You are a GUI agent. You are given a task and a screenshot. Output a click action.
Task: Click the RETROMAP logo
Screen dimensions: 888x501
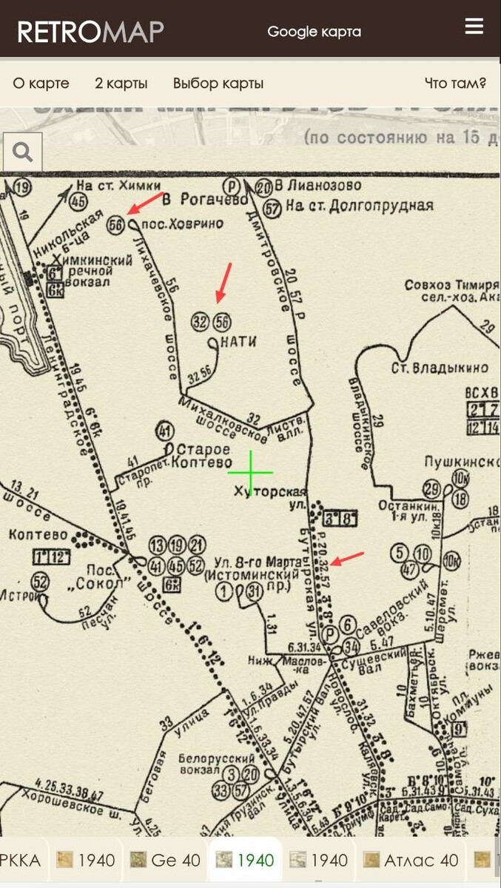pyautogui.click(x=90, y=32)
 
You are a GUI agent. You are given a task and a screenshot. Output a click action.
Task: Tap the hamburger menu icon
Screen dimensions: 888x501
pyautogui.click(x=474, y=27)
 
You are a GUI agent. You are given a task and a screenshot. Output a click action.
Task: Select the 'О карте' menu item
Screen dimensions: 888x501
pyautogui.click(x=41, y=83)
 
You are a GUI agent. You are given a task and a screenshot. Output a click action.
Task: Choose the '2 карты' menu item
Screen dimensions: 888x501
pyautogui.click(x=121, y=83)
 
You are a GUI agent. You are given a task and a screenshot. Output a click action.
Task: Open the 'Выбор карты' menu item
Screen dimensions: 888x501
pyautogui.click(x=218, y=83)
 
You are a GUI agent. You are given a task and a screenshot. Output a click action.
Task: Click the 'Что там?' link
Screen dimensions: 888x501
pyautogui.click(x=455, y=83)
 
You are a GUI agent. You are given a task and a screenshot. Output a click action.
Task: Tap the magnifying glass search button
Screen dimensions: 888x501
pyautogui.click(x=23, y=152)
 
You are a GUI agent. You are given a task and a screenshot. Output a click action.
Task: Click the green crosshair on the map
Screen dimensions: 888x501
pyautogui.click(x=250, y=471)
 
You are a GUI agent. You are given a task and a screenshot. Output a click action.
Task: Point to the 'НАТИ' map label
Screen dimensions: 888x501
pyautogui.click(x=238, y=342)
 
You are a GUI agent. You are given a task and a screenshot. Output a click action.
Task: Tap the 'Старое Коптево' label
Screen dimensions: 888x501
pyautogui.click(x=201, y=457)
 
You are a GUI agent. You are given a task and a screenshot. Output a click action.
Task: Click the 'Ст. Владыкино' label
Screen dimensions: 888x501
pyautogui.click(x=440, y=368)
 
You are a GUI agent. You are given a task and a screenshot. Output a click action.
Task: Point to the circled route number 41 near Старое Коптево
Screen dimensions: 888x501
pyautogui.click(x=164, y=431)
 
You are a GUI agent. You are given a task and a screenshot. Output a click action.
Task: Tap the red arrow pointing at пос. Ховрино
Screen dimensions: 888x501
pyautogui.click(x=147, y=202)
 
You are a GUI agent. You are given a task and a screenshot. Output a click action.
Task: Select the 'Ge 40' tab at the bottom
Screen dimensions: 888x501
pyautogui.click(x=166, y=860)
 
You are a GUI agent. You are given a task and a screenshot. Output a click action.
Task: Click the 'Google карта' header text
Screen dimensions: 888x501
pyautogui.click(x=314, y=32)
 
